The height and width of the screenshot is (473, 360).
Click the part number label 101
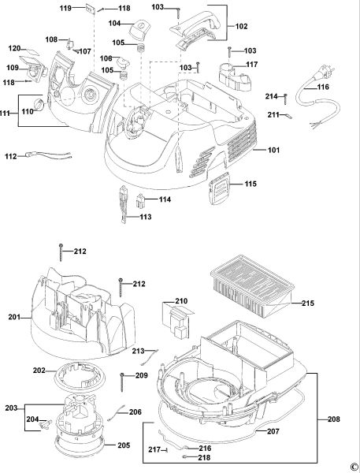pos(274,150)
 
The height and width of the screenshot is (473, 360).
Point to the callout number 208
pos(334,419)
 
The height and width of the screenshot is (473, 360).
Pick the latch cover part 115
pos(219,189)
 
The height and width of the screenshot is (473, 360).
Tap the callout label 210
pos(181,301)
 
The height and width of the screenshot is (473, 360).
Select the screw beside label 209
pos(122,382)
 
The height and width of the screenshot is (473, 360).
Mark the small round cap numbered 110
pos(39,104)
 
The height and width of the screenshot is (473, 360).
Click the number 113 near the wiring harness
pos(145,218)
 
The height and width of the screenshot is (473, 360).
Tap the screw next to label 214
pos(285,99)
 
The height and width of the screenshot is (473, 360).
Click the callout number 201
pos(14,317)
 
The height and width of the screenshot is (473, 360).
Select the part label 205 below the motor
pos(124,445)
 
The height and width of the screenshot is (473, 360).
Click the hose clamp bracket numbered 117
pos(235,77)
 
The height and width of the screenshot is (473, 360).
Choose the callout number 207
pos(273,431)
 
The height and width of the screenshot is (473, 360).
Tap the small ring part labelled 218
pos(185,457)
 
